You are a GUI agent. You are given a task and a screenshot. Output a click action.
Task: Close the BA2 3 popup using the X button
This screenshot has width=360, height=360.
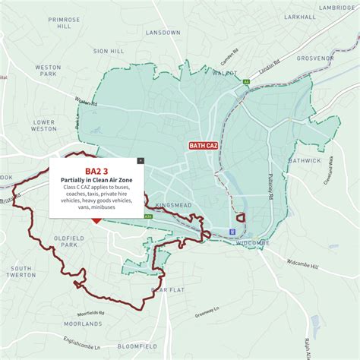pyautogui.click(x=140, y=161)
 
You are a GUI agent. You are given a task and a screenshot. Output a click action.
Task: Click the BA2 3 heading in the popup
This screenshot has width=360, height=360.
pyautogui.click(x=96, y=171)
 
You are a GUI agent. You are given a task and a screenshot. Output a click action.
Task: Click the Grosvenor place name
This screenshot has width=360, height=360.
pyautogui.click(x=314, y=57)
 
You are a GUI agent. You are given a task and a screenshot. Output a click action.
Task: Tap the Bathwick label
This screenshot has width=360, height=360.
pyautogui.click(x=326, y=161)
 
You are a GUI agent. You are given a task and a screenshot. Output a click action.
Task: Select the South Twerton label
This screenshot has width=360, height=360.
pyautogui.click(x=22, y=272)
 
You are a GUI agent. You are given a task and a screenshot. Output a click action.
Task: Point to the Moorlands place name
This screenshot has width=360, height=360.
pyautogui.click(x=83, y=324)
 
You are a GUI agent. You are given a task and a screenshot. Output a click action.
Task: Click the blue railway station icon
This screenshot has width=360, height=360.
pyautogui.click(x=232, y=233)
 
